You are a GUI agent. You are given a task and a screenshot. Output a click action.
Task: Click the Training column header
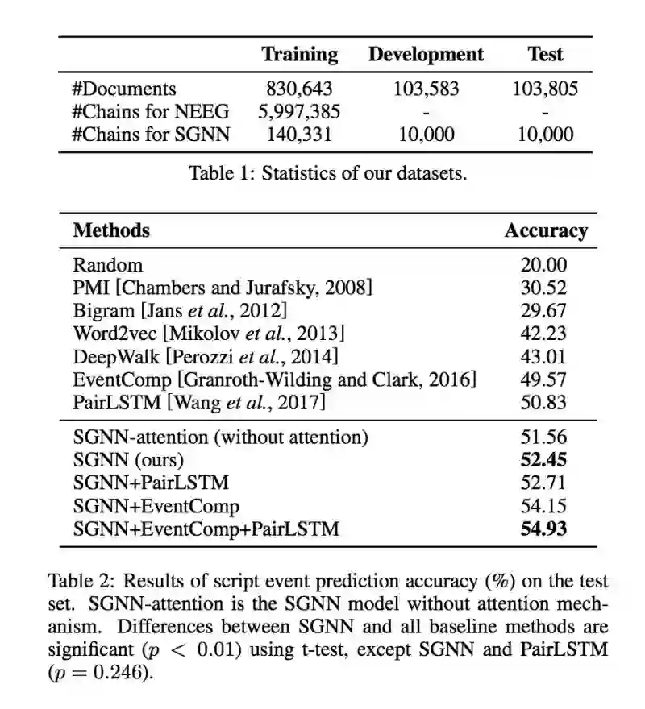coord(299,55)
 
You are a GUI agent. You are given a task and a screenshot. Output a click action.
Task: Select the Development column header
coord(426,55)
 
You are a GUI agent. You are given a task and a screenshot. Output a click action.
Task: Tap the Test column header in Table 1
coord(545,55)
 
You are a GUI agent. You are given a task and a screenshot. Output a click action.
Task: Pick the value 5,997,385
coord(299,112)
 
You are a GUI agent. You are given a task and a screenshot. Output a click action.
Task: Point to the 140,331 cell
coord(299,135)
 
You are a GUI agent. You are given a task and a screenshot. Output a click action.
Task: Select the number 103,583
coord(426,89)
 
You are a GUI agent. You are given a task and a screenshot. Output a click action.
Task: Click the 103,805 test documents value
coord(545,89)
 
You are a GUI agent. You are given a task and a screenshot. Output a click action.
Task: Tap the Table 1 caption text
coord(327,173)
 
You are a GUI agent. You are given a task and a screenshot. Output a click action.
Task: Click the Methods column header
coord(111,230)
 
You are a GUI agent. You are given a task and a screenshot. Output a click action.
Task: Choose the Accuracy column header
coord(546,231)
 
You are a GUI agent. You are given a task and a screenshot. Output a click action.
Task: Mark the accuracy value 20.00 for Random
coord(544,265)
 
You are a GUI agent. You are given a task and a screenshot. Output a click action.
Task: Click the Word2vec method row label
coord(209,334)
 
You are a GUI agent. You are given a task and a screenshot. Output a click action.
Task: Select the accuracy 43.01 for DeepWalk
coord(544,356)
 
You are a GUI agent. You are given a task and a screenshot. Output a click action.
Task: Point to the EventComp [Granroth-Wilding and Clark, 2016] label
coord(274,379)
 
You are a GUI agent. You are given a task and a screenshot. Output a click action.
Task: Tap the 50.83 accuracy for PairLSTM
coord(544,402)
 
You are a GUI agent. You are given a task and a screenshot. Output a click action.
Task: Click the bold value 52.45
coord(544,460)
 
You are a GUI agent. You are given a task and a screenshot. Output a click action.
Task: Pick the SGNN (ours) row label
coord(129,460)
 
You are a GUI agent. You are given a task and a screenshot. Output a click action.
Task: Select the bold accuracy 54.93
coord(544,529)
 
